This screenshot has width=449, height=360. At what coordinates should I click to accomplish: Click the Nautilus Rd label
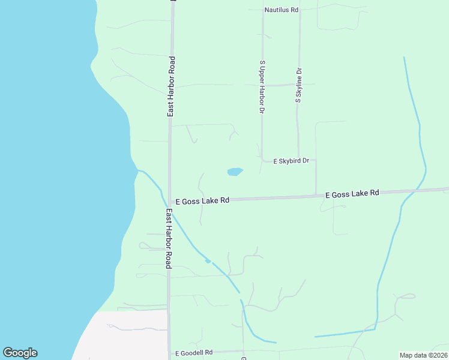(282, 10)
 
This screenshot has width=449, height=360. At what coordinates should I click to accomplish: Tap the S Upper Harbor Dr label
(262, 87)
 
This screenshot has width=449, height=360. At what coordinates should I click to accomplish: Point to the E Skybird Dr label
(291, 161)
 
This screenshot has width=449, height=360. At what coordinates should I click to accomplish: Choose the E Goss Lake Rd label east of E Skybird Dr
(352, 194)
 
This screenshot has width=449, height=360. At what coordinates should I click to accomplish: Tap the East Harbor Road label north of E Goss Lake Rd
(171, 86)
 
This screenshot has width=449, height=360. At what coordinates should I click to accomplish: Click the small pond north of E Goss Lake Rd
(235, 172)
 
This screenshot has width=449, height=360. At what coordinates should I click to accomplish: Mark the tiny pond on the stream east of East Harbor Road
(208, 261)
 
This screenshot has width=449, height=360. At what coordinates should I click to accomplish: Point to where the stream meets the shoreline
(137, 170)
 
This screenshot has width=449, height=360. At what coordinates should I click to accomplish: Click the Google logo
(20, 353)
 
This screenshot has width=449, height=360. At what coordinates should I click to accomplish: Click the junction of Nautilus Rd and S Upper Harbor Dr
(262, 11)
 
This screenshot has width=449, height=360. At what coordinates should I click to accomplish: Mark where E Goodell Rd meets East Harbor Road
(169, 353)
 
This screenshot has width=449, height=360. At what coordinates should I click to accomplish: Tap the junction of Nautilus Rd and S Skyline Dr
(300, 10)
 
